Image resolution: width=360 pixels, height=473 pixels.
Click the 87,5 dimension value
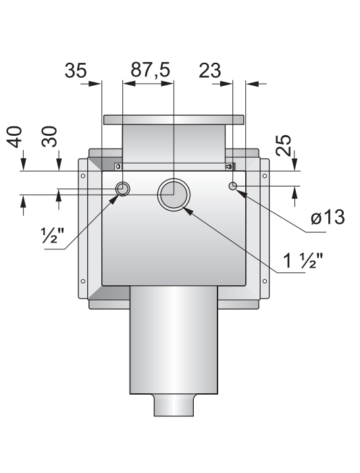click(150, 70)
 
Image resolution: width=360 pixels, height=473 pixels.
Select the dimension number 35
click(76, 70)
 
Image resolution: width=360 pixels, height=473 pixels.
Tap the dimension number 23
click(210, 70)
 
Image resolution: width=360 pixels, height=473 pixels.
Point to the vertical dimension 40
click(15, 137)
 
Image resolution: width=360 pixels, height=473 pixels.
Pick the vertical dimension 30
click(49, 136)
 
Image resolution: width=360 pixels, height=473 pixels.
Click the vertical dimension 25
click(284, 145)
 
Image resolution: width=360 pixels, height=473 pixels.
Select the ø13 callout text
click(328, 217)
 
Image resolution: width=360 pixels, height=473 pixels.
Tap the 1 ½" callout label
click(303, 260)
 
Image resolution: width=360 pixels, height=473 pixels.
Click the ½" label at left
click(52, 236)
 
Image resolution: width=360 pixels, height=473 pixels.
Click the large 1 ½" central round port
click(174, 195)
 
